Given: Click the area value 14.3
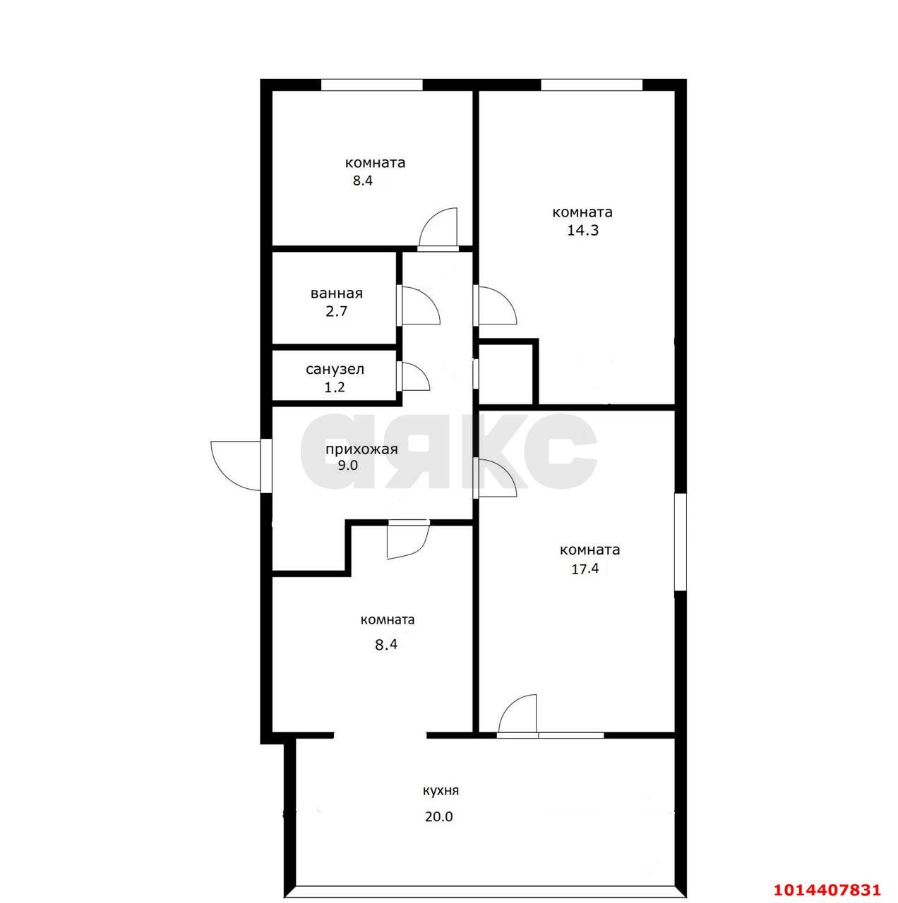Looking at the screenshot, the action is click(582, 231).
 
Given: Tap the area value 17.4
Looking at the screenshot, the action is click(585, 569).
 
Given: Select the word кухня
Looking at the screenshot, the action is click(441, 791).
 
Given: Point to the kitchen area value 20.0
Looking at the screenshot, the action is click(438, 817).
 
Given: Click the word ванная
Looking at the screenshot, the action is click(337, 293).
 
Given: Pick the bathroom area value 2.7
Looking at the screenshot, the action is click(337, 311).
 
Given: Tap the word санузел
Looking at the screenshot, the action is click(335, 370).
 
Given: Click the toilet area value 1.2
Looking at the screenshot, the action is click(335, 387).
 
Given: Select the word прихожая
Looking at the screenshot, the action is click(361, 450).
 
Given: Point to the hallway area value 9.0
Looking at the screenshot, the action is click(347, 466).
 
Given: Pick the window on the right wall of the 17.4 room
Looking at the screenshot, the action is click(680, 542).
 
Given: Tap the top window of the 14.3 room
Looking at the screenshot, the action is click(591, 85).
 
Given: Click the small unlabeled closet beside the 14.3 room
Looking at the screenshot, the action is click(505, 373).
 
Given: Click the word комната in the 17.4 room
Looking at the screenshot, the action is click(589, 550).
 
